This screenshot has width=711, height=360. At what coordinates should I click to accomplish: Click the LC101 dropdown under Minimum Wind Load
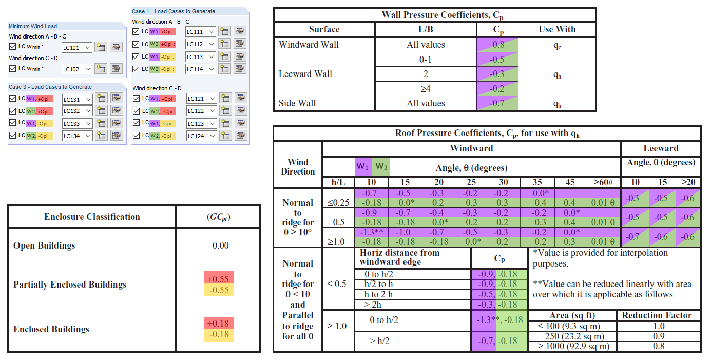point(76,48)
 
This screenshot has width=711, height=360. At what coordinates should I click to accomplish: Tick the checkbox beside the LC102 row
point(13,68)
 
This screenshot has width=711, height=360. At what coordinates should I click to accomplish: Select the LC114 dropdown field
point(200,69)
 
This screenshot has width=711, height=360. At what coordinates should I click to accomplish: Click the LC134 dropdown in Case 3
point(76,136)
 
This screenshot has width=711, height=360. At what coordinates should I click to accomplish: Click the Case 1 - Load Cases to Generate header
point(174,11)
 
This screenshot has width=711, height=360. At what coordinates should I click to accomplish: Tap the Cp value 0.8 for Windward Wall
point(498,45)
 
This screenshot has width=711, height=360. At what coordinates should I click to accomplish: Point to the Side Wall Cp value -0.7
point(498,103)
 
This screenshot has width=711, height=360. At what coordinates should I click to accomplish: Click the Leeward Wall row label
point(305,74)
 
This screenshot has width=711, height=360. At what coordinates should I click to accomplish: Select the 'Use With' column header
point(557,29)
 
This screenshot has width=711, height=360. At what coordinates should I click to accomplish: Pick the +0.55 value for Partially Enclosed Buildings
point(218,278)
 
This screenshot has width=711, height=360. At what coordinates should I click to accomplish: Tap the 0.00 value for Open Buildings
point(220,245)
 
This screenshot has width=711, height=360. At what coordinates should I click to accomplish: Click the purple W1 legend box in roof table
point(363,167)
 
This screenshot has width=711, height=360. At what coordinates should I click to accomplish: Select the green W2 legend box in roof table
point(381,167)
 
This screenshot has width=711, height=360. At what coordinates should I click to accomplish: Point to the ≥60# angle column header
point(603,183)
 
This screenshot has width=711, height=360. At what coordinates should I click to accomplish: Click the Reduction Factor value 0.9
point(659,336)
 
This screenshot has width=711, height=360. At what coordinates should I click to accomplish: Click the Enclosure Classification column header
point(92,217)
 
